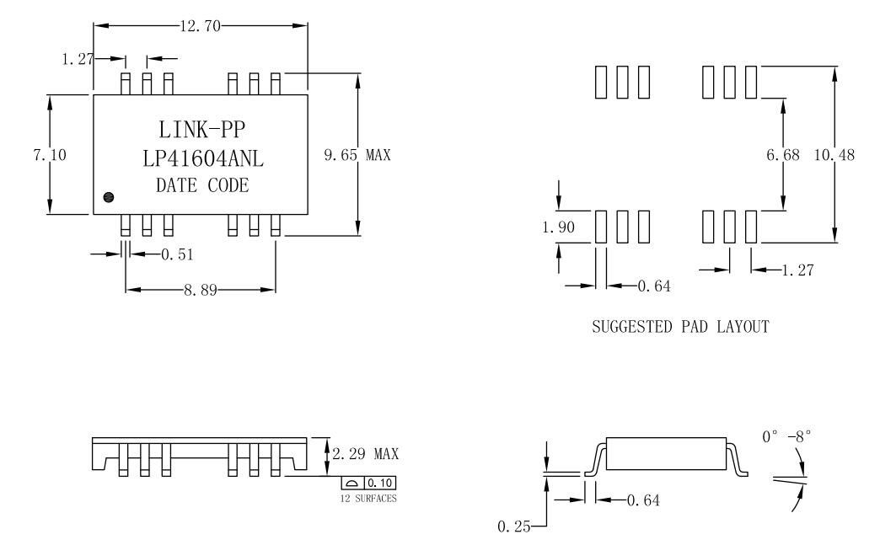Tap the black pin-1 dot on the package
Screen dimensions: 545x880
click(x=108, y=197)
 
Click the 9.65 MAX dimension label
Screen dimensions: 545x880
click(x=357, y=155)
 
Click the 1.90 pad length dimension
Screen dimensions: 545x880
click(x=556, y=227)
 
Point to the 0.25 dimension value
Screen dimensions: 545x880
click(x=512, y=527)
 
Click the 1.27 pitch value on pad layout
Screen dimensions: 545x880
click(x=796, y=270)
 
